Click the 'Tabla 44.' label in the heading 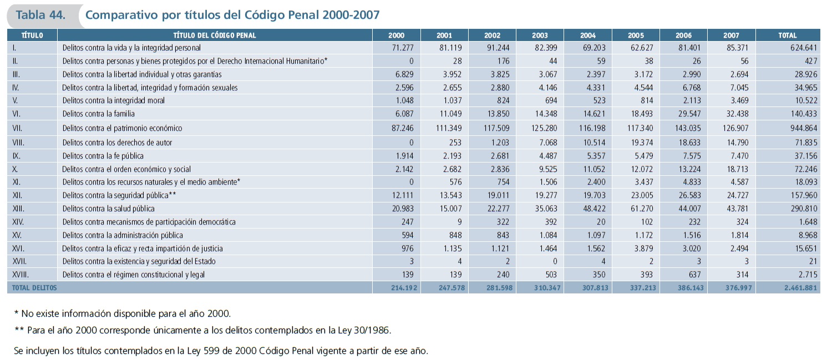click(40, 15)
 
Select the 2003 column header click(539, 35)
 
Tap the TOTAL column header click(787, 35)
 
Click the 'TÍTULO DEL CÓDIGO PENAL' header click(214, 35)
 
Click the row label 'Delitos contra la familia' click(99, 114)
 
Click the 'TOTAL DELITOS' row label click(32, 288)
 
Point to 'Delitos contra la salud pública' click(108, 209)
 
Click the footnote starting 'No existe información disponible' click(122, 313)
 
